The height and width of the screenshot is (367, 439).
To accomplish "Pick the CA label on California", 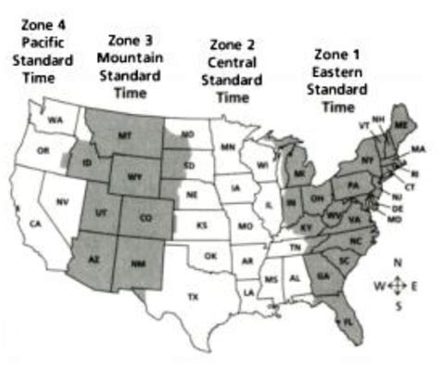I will [x=36, y=223].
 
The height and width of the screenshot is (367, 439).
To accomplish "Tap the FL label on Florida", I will [x=347, y=321].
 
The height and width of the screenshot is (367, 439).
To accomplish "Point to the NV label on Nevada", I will [x=62, y=201].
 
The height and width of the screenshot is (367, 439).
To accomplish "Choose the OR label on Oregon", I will [x=42, y=151].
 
